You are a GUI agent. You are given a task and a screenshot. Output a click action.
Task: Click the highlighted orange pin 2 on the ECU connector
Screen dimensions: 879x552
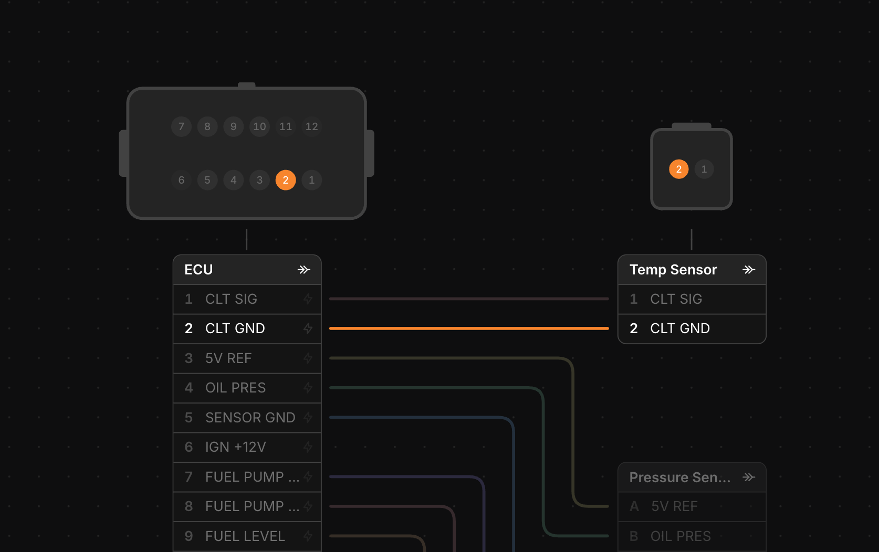(x=285, y=180)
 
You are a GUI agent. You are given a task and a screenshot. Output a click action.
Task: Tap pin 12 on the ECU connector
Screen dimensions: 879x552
(x=311, y=126)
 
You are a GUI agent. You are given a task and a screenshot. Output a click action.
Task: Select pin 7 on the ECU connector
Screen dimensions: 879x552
(x=181, y=126)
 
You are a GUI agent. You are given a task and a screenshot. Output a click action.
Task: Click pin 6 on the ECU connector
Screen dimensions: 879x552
(x=181, y=180)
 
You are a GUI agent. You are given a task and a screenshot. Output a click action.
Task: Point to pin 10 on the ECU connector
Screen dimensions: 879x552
(x=259, y=126)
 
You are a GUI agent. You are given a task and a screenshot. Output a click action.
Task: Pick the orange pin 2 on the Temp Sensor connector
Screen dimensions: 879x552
(x=678, y=169)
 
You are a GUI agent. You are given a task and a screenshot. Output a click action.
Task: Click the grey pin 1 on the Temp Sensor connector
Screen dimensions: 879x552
(x=704, y=169)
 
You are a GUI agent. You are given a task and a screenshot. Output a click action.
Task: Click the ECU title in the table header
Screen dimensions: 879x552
(x=198, y=270)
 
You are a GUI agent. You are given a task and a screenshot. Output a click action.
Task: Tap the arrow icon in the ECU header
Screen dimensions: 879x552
(x=304, y=270)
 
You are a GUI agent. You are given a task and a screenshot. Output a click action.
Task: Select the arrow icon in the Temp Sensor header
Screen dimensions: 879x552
(x=749, y=270)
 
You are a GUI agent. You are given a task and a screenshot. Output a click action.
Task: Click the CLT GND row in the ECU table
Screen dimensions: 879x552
(x=247, y=328)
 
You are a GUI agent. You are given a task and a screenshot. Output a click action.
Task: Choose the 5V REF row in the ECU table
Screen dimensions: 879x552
(x=247, y=358)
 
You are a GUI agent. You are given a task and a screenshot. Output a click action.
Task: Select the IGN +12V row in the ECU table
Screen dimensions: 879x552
(x=247, y=447)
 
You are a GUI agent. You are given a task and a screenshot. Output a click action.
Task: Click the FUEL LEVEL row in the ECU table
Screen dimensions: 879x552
(x=247, y=536)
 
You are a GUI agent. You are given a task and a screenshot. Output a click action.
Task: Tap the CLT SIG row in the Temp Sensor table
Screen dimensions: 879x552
(x=692, y=299)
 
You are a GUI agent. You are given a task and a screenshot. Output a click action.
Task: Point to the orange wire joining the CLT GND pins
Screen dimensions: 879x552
(x=469, y=328)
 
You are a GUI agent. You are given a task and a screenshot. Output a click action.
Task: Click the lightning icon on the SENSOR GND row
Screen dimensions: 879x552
(x=308, y=418)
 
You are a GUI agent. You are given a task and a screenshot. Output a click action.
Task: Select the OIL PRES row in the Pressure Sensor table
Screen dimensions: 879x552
(x=692, y=536)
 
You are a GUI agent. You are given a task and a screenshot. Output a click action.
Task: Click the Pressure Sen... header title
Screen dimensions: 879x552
(x=680, y=477)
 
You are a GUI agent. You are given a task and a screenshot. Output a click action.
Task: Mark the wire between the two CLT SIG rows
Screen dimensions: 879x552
(x=469, y=299)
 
